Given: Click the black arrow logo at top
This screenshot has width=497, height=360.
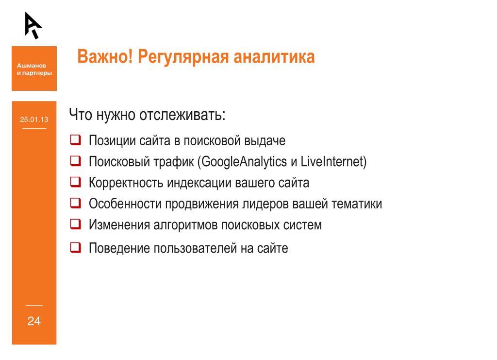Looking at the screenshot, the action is (33, 25).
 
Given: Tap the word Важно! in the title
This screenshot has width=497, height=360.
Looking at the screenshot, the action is (105, 57).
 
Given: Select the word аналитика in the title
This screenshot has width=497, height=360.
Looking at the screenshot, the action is (274, 57).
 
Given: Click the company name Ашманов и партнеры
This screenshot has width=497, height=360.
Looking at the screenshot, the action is (34, 69).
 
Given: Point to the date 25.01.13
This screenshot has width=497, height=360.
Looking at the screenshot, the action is (34, 120).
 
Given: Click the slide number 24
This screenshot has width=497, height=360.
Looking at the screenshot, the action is (34, 321).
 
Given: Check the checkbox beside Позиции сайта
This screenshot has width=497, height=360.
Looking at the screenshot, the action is (75, 140).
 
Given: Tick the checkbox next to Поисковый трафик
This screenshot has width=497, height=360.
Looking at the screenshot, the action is (75, 161).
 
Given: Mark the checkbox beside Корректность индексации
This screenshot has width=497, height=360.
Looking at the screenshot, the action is (75, 182).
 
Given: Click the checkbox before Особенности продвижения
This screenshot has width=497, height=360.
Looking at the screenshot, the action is (75, 203).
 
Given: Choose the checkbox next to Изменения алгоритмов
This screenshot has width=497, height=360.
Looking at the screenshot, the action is (75, 224).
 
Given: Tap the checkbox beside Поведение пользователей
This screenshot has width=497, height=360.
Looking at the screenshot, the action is (75, 247).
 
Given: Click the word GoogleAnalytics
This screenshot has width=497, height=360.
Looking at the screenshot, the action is (244, 162).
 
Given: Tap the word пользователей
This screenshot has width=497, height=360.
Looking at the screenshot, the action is (195, 248).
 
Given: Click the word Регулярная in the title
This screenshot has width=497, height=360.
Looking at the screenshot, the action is (183, 57).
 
